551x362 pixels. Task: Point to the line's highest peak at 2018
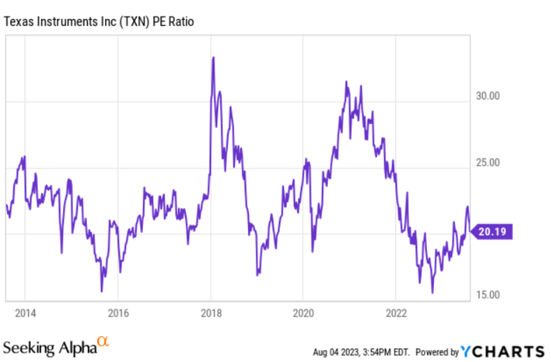213,58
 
